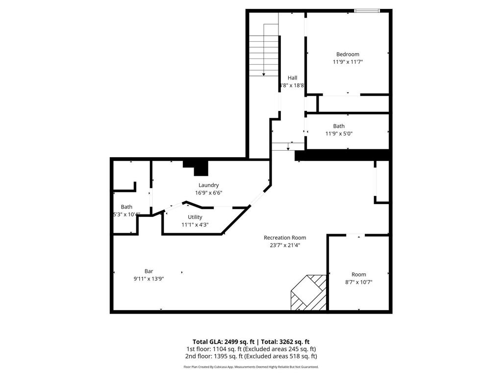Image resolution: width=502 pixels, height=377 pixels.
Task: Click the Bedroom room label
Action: click(348, 54)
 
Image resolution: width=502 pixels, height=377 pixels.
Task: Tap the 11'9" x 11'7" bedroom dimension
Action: click(348, 62)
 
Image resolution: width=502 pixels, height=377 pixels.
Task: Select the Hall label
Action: click(292, 78)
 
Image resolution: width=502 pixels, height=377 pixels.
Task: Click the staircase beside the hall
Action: click(264, 50)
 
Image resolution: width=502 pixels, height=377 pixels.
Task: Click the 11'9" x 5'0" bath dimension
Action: click(339, 134)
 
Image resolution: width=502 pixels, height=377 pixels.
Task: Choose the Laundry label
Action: click(208, 185)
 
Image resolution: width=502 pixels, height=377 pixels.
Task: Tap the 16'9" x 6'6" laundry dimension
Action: click(208, 193)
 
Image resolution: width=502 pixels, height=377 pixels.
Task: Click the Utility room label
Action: click(195, 217)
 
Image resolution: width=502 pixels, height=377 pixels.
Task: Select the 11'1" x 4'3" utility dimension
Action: click(195, 225)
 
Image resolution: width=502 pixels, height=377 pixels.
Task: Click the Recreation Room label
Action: click(285, 238)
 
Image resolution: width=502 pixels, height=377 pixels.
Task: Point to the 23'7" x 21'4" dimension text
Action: click(285, 245)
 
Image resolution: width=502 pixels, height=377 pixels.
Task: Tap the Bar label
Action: click(149, 271)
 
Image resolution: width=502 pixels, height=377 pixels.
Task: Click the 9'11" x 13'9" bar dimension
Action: click(149, 279)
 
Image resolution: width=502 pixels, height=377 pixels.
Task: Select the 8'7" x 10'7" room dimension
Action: click(358, 282)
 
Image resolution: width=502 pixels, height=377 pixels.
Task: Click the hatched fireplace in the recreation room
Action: click(308, 293)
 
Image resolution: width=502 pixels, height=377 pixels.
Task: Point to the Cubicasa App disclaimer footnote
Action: click(251, 367)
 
